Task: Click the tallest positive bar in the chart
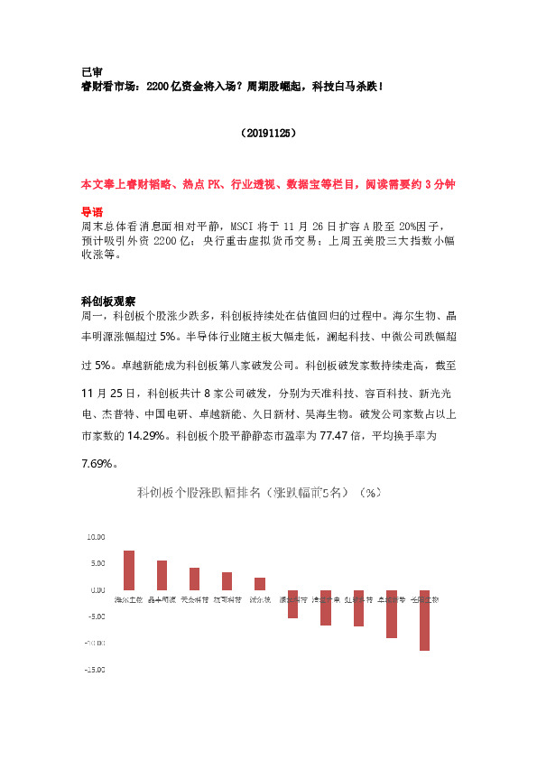tap(129, 570)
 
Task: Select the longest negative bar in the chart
tap(424, 620)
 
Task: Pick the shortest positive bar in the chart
tap(260, 583)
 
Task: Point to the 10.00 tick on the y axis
tap(95, 536)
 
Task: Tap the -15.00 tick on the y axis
tap(94, 670)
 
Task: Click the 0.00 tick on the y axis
tap(97, 589)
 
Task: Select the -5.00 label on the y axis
tap(95, 616)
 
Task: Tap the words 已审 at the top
tap(91, 70)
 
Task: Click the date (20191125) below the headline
tap(269, 133)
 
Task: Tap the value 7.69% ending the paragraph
tap(99, 464)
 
